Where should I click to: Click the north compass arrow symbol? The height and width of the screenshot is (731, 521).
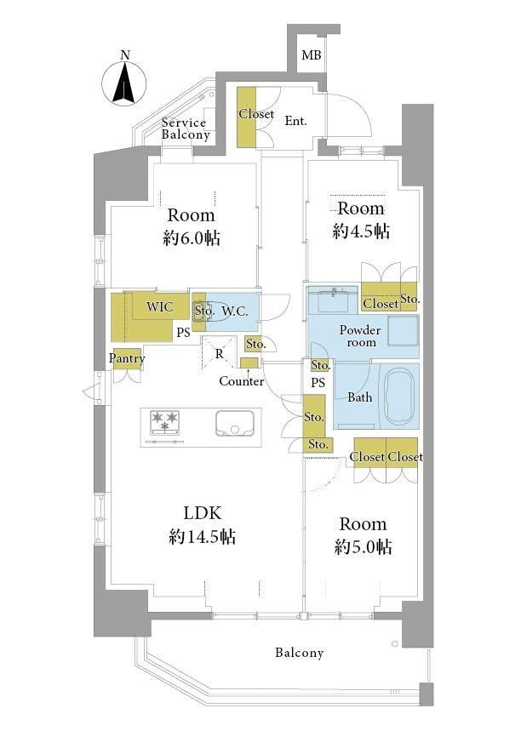coord(124,84)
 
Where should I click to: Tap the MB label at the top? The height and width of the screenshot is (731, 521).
coord(311,55)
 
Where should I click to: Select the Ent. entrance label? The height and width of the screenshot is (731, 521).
coord(295,121)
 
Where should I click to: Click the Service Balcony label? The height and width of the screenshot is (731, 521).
coord(186,128)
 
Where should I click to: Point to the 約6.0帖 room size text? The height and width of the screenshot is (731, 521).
coord(192,238)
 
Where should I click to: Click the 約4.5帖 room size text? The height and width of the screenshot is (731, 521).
coord(361,231)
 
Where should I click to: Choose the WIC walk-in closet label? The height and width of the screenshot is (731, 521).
coord(159,306)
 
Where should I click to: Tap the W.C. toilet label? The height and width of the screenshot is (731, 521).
coord(235,311)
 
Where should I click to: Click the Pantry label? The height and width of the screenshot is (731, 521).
coord(126,358)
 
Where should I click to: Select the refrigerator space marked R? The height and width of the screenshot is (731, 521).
coord(219,354)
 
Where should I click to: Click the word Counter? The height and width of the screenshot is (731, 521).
coord(241,381)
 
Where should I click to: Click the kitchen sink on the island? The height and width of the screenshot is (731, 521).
coord(234,423)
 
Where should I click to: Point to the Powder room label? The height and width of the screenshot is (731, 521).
coord(360,335)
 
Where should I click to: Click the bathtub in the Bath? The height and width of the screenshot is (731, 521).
coord(398,397)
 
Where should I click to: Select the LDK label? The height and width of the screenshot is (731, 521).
coord(202,513)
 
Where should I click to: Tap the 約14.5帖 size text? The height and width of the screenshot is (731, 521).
coord(202,537)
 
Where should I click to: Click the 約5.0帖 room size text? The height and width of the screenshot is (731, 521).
coord(363,547)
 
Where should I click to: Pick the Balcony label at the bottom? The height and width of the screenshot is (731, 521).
coord(299,652)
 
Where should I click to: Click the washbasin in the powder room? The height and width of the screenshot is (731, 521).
coord(334,300)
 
